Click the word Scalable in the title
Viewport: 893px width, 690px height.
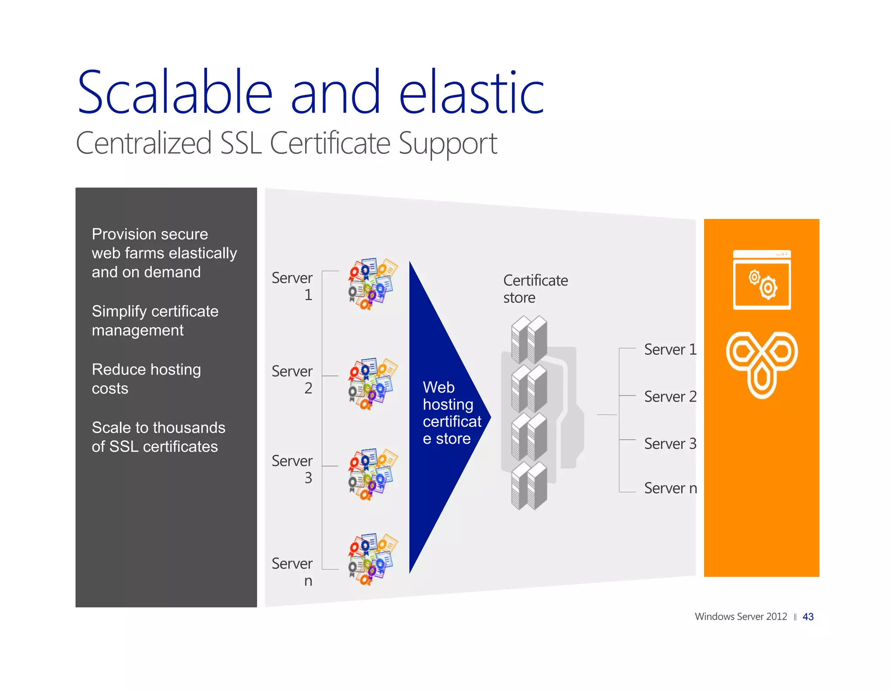174,92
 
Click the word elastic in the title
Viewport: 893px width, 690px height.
471,92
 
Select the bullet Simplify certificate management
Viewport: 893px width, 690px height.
155,321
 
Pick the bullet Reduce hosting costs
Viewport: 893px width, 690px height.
146,379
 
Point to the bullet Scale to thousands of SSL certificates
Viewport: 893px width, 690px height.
158,437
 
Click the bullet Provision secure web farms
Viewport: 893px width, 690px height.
164,253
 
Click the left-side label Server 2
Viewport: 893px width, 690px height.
292,379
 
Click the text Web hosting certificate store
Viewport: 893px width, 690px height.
451,413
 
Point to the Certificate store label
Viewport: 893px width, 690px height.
535,289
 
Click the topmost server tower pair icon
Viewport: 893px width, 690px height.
529,339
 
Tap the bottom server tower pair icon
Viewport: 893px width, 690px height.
529,485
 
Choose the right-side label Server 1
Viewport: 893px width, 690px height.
670,349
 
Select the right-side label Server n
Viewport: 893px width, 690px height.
670,488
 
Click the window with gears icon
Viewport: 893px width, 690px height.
761,280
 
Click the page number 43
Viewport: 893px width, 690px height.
808,617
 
